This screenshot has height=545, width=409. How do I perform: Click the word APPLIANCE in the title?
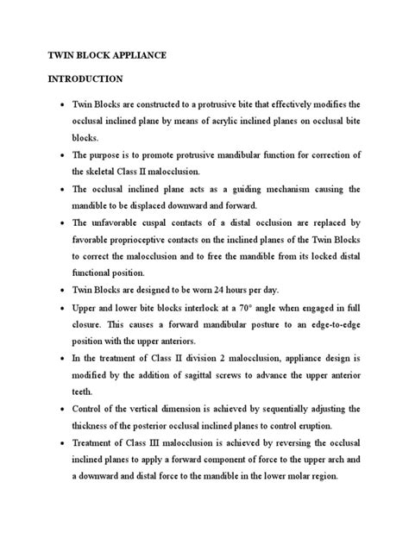point(140,54)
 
